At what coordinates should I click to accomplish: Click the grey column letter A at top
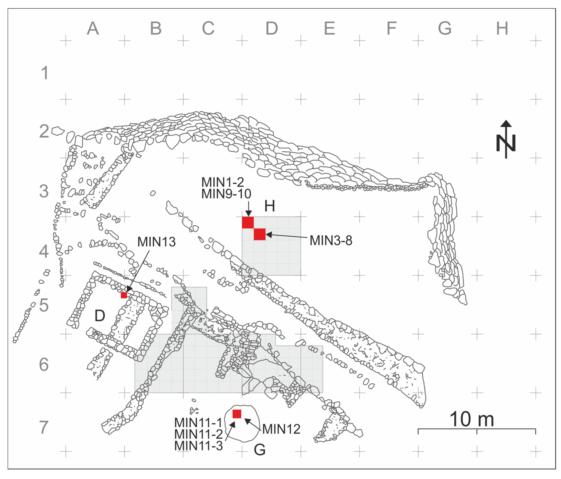click(x=93, y=28)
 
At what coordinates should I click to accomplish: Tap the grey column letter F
click(x=391, y=28)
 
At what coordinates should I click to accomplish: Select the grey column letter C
click(x=208, y=28)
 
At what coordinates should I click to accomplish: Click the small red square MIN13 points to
click(x=124, y=295)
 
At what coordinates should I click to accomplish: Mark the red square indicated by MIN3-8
click(x=260, y=234)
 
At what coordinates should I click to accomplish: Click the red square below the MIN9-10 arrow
click(x=248, y=223)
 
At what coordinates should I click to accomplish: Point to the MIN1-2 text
click(x=223, y=182)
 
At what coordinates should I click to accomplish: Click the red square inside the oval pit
click(x=237, y=414)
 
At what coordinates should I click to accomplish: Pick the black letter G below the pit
click(x=259, y=450)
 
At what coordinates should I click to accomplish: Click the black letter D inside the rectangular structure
click(x=100, y=315)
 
